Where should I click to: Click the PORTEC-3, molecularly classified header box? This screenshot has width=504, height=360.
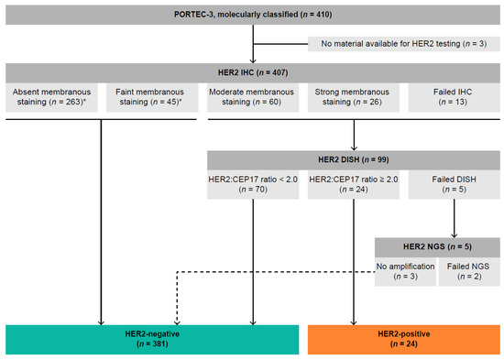click(x=252, y=16)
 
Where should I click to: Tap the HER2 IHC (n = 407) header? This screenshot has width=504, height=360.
click(x=252, y=71)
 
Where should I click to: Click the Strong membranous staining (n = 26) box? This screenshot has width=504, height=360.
click(x=352, y=96)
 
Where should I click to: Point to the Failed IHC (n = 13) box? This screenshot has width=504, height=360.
click(x=452, y=96)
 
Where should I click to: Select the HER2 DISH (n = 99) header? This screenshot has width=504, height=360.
click(x=353, y=159)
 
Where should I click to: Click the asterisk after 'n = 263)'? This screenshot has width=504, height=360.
click(x=91, y=102)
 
